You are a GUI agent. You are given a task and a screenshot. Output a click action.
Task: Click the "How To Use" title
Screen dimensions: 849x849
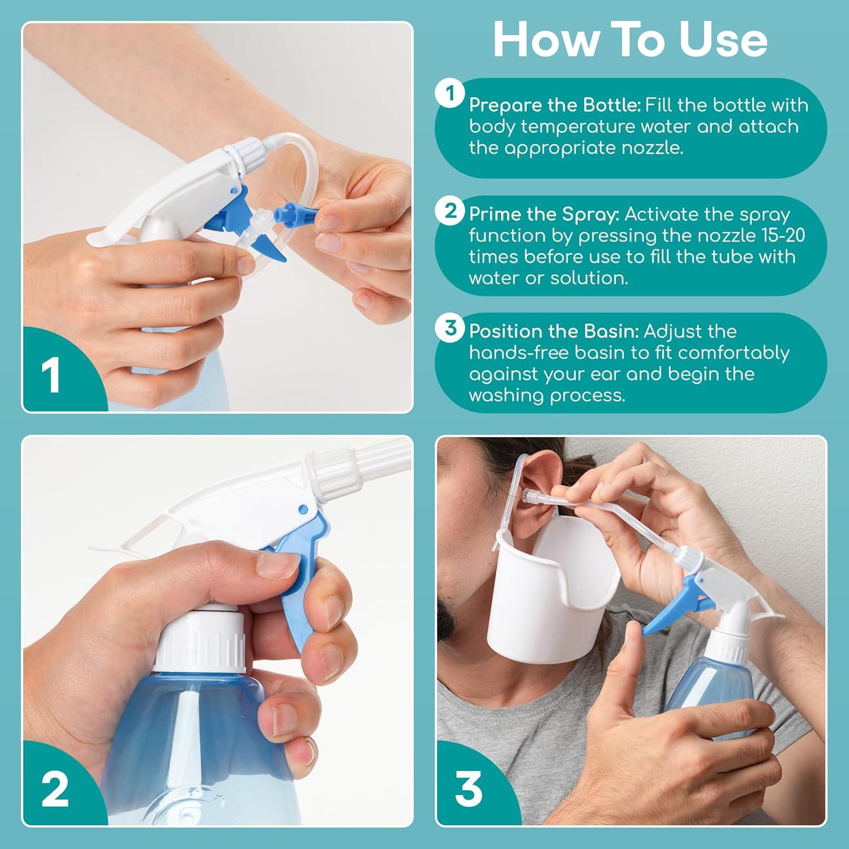[630, 40]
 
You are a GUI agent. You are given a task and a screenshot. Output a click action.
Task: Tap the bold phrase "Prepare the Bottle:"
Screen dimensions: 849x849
[555, 105]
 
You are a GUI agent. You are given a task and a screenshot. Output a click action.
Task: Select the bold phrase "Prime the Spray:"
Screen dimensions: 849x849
[544, 215]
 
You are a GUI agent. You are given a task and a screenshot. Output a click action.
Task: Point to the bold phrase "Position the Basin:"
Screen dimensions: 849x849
[554, 331]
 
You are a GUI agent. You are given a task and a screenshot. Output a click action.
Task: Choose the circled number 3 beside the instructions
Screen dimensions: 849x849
[450, 327]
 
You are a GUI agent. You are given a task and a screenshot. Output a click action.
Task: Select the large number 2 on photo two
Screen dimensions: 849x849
[55, 789]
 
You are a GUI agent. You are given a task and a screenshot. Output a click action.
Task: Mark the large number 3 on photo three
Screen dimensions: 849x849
[469, 789]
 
